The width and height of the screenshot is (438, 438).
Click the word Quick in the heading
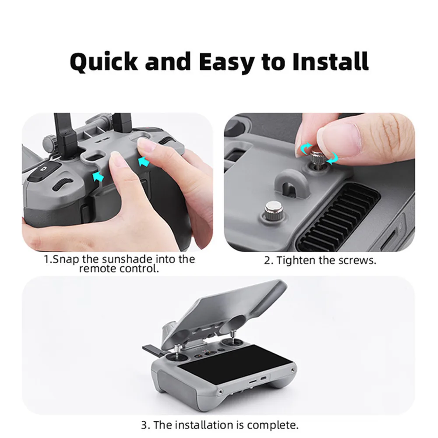pos(103,62)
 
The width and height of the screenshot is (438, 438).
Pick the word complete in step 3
pos(272,425)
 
